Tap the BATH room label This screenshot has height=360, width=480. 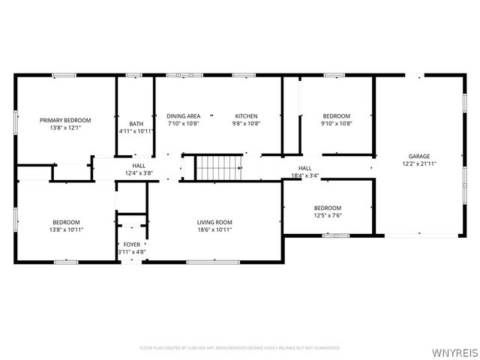[x=136, y=124]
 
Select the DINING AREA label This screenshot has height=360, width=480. [x=183, y=115]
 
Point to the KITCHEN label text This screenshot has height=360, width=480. [x=246, y=115]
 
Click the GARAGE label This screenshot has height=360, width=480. [x=418, y=156]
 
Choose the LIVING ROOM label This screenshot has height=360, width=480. [x=214, y=222]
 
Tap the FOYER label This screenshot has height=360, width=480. [x=131, y=244]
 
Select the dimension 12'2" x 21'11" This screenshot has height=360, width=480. [x=418, y=163]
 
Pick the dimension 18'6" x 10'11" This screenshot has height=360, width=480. [x=214, y=229]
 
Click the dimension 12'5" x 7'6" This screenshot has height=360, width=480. [x=328, y=215]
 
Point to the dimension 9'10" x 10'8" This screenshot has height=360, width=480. [x=336, y=123]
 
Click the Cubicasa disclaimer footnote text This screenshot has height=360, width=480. [x=240, y=348]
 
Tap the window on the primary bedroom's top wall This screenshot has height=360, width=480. [x=64, y=74]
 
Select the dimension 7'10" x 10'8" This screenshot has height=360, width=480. [x=183, y=123]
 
